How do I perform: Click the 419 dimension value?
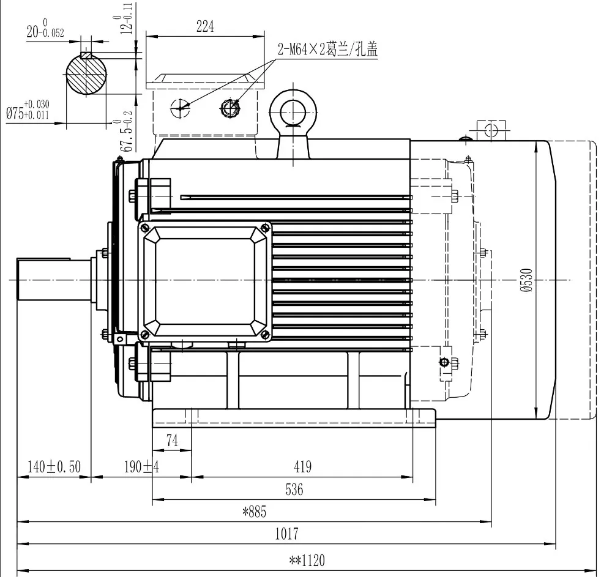coord(302,467)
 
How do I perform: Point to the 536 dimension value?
coord(293,489)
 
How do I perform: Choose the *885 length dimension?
coord(254,512)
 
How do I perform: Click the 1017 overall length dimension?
coord(286,534)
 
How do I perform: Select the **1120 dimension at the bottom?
coord(307,560)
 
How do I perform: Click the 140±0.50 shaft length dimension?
coord(54,467)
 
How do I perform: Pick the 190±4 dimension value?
coord(141,467)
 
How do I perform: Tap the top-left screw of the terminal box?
coord(145,228)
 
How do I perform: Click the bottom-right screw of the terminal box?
coord(266,334)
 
